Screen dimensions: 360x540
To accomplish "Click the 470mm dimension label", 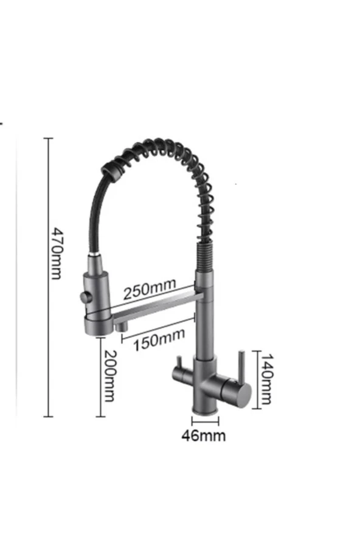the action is click(x=56, y=253).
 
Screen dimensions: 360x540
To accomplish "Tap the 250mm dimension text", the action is click(x=150, y=289).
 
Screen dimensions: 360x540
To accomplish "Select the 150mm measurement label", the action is click(x=159, y=339).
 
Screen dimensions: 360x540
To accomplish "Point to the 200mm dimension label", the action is click(x=109, y=376).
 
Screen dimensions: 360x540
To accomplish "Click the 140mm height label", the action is click(x=266, y=378).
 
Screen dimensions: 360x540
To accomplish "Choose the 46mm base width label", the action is click(x=204, y=435).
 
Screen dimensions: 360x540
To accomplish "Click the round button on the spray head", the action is click(x=84, y=296).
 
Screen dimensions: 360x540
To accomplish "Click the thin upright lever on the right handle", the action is click(x=242, y=365).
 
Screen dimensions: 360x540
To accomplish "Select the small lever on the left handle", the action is click(x=179, y=363).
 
